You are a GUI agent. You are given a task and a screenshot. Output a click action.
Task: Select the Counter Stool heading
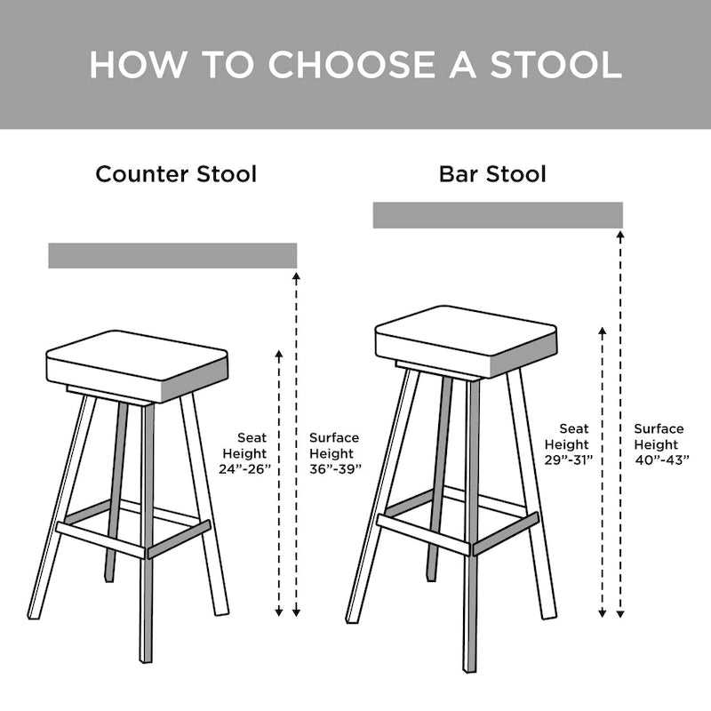click(x=176, y=173)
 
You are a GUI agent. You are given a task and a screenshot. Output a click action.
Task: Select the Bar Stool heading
click(x=492, y=173)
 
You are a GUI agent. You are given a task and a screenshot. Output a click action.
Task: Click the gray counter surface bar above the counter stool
click(x=172, y=255)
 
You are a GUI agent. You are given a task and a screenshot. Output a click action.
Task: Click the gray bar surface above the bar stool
click(x=498, y=215)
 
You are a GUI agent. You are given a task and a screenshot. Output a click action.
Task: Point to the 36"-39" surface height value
click(x=335, y=468)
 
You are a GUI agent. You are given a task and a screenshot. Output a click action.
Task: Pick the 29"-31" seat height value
click(x=569, y=459)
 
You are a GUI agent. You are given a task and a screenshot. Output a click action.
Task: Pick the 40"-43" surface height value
click(x=659, y=459)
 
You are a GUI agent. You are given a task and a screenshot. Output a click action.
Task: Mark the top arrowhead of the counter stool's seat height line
click(x=279, y=355)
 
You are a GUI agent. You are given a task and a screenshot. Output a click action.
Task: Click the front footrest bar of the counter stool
click(x=100, y=540)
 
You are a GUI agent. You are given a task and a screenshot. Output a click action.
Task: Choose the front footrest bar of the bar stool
click(x=423, y=535)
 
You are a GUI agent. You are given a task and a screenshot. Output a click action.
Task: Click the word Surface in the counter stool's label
click(x=334, y=438)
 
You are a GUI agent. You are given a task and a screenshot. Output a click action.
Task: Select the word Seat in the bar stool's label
click(x=574, y=429)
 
